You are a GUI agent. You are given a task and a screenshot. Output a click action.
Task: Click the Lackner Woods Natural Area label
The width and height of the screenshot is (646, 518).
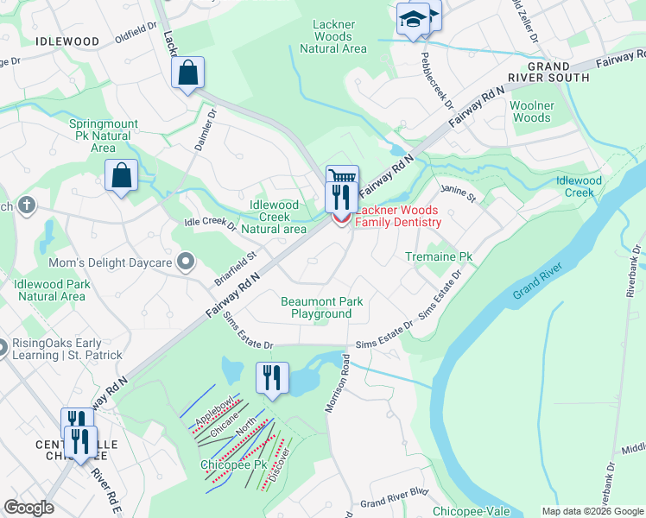333,36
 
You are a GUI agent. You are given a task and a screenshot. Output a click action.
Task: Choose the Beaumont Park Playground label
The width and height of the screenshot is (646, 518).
321,307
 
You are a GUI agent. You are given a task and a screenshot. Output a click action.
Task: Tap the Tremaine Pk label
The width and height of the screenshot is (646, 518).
440,257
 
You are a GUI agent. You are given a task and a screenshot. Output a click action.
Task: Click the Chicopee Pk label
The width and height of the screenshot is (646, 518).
236,464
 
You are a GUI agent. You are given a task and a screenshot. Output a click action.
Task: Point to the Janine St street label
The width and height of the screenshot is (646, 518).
459,193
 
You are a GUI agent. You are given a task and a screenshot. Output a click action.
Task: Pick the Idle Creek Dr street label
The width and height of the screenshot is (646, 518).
210,225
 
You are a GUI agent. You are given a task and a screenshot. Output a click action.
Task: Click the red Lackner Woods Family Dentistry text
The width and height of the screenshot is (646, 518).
397,217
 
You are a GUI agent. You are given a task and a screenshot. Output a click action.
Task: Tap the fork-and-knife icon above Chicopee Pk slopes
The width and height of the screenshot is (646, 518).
271,377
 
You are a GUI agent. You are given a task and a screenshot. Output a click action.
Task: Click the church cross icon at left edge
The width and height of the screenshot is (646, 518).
27,205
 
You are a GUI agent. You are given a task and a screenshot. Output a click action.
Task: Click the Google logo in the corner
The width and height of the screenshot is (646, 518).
28,508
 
